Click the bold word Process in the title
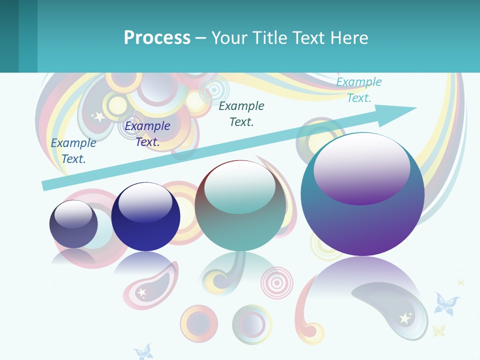pyautogui.click(x=157, y=38)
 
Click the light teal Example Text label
pyautogui.click(x=359, y=89)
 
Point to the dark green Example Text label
pyautogui.click(x=241, y=113)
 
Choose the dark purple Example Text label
pyautogui.click(x=147, y=133)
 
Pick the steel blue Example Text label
pyautogui.click(x=73, y=150)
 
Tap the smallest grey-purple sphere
pyautogui.click(x=73, y=224)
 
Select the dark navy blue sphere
pyautogui.click(x=145, y=217)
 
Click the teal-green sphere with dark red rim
pyautogui.click(x=240, y=205)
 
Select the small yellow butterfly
pyautogui.click(x=438, y=330)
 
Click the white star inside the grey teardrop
pyautogui.click(x=404, y=318)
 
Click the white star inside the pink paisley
pyautogui.click(x=142, y=291)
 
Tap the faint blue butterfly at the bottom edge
pyautogui.click(x=143, y=352)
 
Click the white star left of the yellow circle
pyautogui.click(x=99, y=117)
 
